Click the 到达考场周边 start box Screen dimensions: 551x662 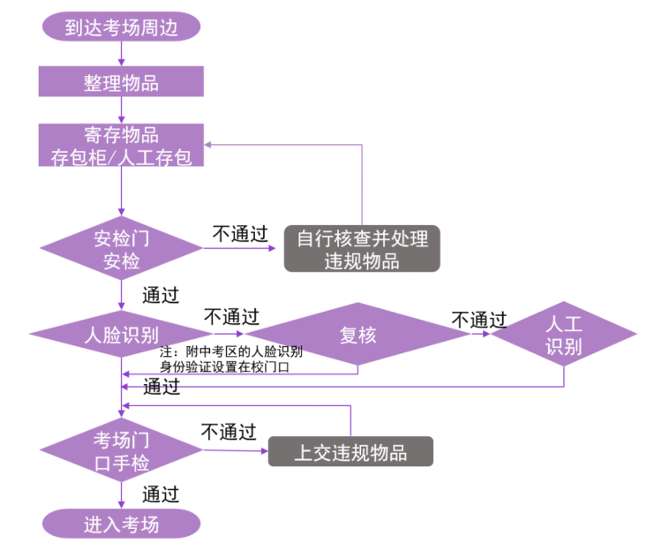point(121,27)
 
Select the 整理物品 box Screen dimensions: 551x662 point(121,84)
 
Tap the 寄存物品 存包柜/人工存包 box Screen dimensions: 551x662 point(121,147)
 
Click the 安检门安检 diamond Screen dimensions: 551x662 point(121,249)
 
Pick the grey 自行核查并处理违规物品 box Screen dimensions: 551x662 point(361,249)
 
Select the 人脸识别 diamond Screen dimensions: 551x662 point(121,335)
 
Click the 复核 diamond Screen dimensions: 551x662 point(357,335)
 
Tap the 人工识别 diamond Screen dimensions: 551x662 point(563,335)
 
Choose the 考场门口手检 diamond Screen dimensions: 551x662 point(121,450)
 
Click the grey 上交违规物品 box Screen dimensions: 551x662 point(350,452)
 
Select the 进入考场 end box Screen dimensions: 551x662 point(121,524)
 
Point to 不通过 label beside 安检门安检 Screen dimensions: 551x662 point(239,234)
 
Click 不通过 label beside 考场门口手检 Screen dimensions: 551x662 point(228,432)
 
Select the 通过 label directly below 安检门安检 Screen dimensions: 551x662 point(161,294)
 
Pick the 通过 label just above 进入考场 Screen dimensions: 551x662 point(161,494)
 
